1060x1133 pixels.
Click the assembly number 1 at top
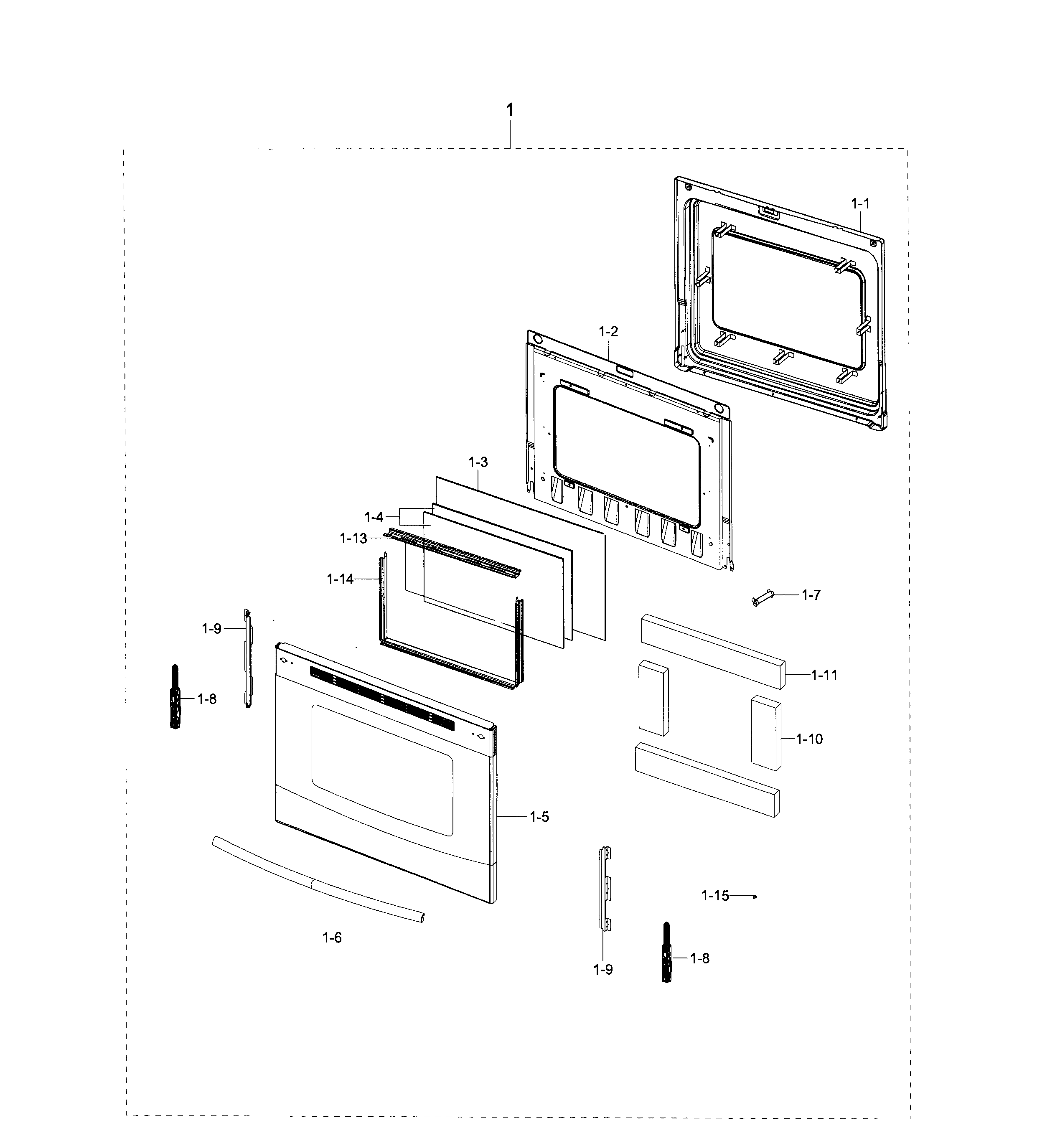510,109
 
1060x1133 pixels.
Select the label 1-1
861,203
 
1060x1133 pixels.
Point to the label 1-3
478,462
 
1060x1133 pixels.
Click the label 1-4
374,518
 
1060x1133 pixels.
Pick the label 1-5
539,817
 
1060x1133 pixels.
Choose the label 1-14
340,579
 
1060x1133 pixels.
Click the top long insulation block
712,651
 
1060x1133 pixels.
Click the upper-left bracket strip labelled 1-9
248,658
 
